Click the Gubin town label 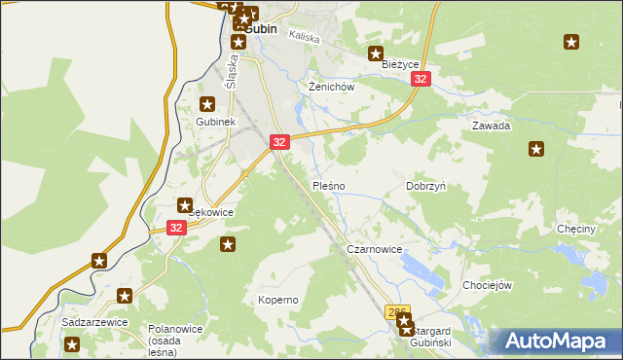pos(260,29)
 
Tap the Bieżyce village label pos(399,64)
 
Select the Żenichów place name pos(329,87)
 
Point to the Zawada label pos(491,126)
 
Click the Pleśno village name pos(327,185)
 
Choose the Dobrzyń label pos(425,185)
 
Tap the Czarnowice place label pos(374,249)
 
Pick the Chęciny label pos(575,229)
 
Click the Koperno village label pos(277,300)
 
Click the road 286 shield pos(396,312)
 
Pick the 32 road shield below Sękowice pos(175,228)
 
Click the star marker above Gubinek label pos(206,104)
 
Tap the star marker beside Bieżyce pos(375,54)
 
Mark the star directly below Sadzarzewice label pos(71,344)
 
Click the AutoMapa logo pos(555,341)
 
